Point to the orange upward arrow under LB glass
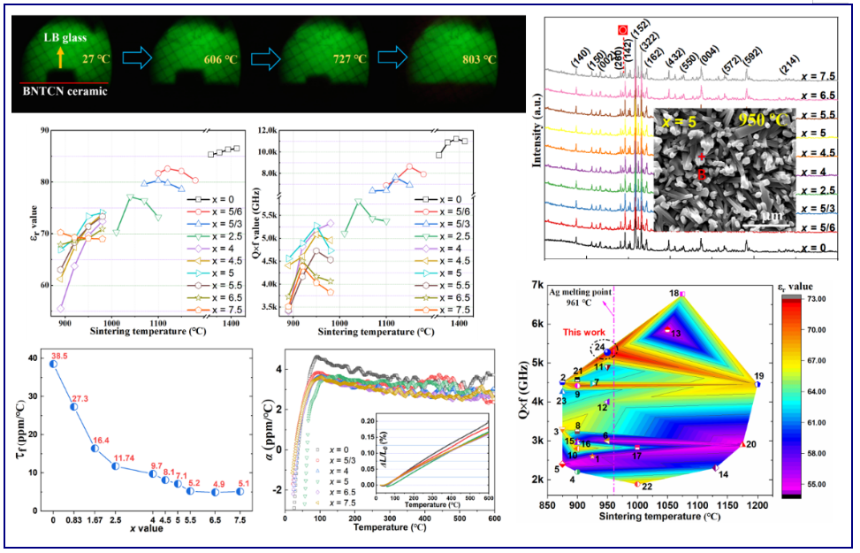pyautogui.click(x=60, y=58)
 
